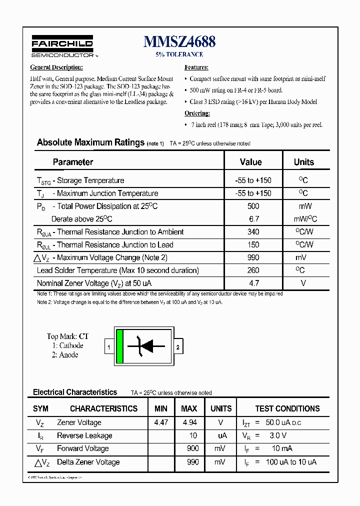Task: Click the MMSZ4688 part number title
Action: click(x=179, y=42)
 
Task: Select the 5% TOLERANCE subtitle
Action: click(x=179, y=54)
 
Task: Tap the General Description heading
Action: click(x=56, y=67)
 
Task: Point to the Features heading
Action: click(x=196, y=67)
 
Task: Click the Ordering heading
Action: click(x=197, y=113)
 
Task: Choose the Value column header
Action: click(x=250, y=162)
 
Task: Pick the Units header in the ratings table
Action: click(x=303, y=162)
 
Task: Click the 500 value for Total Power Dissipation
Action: click(x=253, y=206)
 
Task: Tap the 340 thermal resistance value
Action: click(x=253, y=232)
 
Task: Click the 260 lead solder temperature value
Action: click(x=253, y=270)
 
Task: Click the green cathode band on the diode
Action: click(x=119, y=346)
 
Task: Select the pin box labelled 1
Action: click(x=109, y=346)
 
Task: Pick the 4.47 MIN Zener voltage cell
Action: click(x=161, y=422)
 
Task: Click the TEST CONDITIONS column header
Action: click(x=287, y=408)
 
